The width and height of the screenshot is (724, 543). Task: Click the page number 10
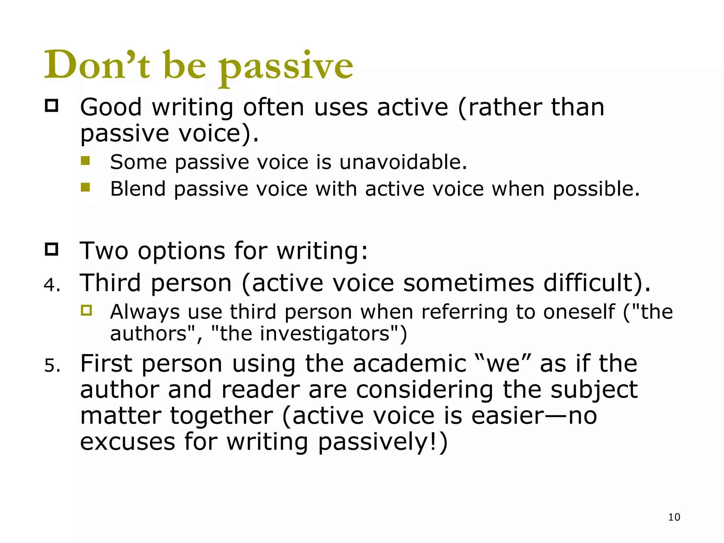674,517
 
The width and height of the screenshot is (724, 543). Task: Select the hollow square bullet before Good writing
52,106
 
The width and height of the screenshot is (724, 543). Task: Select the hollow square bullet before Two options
52,249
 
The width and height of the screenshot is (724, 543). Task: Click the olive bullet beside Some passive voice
85,161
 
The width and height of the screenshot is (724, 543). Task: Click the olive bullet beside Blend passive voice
85,187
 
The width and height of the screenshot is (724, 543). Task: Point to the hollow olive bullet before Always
86,311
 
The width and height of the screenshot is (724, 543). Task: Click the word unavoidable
403,162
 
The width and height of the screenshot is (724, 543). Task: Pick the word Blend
138,189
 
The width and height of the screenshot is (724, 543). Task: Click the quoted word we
502,364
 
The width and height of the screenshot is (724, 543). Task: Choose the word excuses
128,442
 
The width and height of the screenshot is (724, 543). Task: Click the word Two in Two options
104,251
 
